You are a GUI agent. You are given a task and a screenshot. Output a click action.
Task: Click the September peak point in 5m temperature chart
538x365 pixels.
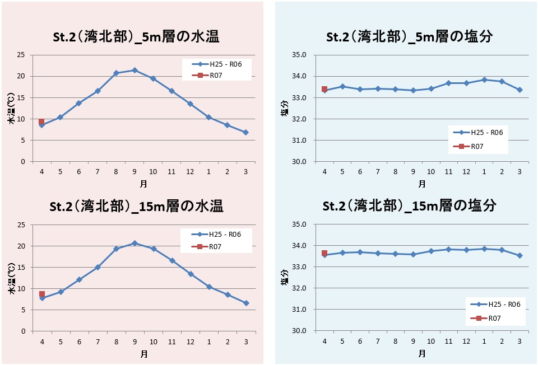pos(134,70)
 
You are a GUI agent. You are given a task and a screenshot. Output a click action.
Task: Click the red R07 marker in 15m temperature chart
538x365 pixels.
pos(41,294)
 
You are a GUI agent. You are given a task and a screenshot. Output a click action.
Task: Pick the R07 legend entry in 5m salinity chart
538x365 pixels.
pos(476,147)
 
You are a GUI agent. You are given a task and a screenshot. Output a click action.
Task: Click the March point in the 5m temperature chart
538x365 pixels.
pos(245,132)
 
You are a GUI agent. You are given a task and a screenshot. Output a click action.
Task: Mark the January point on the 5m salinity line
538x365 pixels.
pos(484,79)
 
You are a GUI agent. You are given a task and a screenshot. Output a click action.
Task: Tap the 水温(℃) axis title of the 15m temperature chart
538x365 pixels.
pos(11,283)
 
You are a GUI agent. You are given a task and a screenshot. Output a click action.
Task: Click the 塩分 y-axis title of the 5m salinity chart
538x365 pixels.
pos(284,109)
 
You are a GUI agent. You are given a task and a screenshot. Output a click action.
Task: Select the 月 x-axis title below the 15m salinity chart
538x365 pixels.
pos(421,353)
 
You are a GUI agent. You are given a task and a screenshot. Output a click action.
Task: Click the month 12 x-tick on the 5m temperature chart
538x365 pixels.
pos(190,171)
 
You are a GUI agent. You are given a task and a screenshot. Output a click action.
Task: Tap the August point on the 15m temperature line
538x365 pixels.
pos(116,249)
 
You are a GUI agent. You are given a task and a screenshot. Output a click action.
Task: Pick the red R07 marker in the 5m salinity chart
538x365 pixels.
pos(324,89)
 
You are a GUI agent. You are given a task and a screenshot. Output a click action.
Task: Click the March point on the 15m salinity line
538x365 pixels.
pos(520,255)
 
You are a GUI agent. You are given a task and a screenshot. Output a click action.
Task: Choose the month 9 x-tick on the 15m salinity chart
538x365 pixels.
pos(413,341)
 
